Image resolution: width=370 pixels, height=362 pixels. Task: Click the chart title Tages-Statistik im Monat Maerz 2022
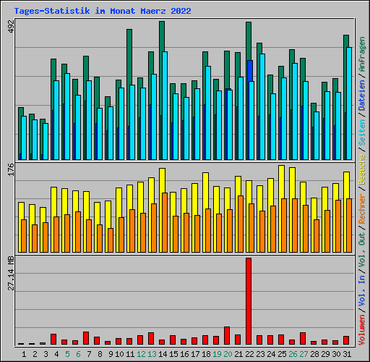(x=103, y=11)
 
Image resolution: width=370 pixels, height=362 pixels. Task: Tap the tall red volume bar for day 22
(x=249, y=301)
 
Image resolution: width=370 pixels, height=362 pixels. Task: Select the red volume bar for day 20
(x=227, y=335)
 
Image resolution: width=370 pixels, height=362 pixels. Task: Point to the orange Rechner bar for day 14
(x=165, y=222)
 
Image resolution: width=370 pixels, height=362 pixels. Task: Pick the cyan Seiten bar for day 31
(x=349, y=104)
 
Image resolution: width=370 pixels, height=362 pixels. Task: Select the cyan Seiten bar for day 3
(x=46, y=141)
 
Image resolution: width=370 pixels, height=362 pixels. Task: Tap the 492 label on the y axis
(x=11, y=26)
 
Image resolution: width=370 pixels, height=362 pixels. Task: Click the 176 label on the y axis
(x=11, y=169)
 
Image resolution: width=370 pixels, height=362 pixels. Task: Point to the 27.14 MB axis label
(x=11, y=273)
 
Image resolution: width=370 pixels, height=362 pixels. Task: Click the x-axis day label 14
(x=163, y=354)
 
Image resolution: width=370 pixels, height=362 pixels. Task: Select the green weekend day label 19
(x=217, y=354)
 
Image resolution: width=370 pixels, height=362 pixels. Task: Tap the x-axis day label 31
(x=347, y=354)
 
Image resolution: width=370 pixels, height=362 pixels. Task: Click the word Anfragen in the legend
(x=362, y=54)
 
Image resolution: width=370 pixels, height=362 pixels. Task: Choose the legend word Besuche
(x=362, y=170)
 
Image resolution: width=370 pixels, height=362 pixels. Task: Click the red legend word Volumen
(x=362, y=330)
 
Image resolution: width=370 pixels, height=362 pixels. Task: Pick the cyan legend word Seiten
(x=362, y=132)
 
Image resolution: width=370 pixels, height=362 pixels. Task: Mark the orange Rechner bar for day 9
(x=111, y=240)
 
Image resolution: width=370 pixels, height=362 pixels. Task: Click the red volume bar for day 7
(x=86, y=338)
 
